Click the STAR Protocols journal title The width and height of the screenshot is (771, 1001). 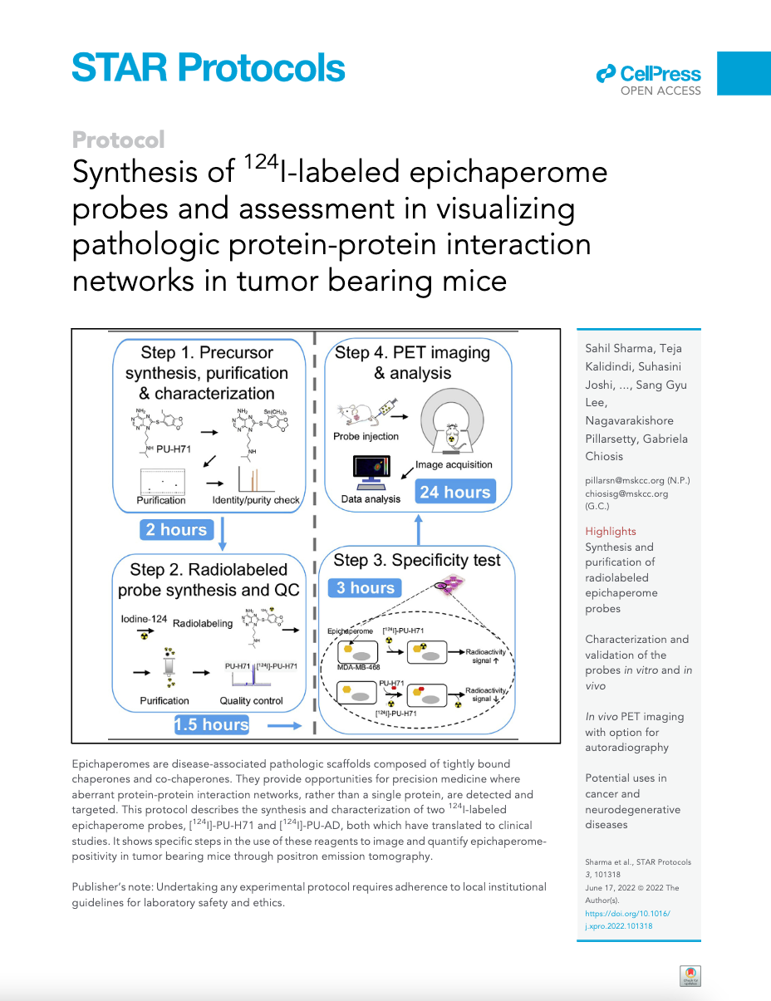(x=208, y=67)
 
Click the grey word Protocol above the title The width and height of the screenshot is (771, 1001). (x=118, y=140)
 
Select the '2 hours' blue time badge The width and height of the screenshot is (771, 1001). (x=176, y=530)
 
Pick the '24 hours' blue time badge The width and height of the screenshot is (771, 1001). (x=454, y=492)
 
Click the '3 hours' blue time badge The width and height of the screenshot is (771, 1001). (x=366, y=588)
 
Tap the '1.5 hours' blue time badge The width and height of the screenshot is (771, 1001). (x=212, y=724)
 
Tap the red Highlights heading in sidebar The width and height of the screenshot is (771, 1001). (x=611, y=532)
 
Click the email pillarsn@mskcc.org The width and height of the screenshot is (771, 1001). (x=626, y=480)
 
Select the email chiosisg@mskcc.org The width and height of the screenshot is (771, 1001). (x=626, y=493)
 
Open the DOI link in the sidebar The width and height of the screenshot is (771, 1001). (x=627, y=920)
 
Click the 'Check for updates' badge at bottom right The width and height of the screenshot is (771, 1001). (x=690, y=976)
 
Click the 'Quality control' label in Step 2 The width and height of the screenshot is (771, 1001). (x=252, y=700)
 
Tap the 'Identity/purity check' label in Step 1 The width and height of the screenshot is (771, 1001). (x=256, y=500)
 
